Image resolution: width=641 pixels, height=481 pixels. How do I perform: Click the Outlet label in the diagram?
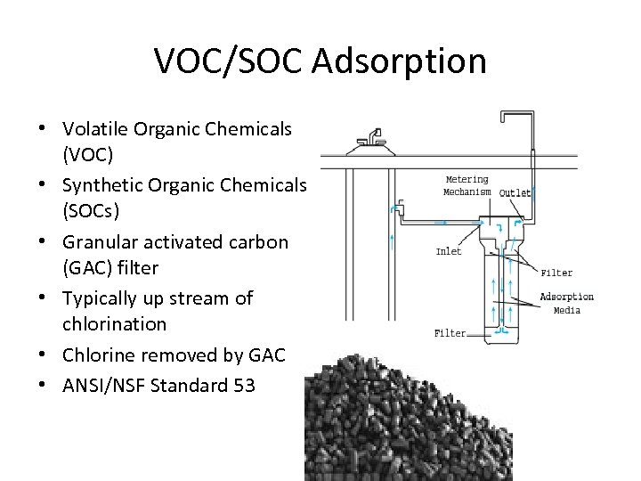[x=515, y=192]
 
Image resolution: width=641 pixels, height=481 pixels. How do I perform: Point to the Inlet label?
[x=449, y=251]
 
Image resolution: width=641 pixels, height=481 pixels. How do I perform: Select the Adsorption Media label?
[x=567, y=303]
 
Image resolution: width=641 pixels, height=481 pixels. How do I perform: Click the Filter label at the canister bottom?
[x=450, y=333]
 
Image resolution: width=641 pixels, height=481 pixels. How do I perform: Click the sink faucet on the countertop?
[x=370, y=138]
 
